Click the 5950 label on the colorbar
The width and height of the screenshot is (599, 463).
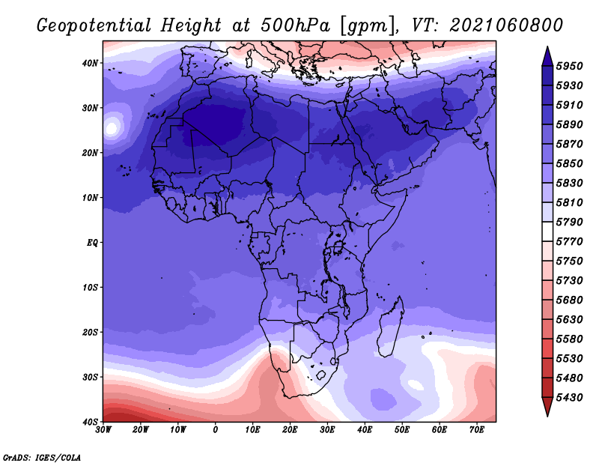pos(569,66)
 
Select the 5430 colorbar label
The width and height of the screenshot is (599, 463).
pos(569,398)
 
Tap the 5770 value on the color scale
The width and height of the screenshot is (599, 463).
pos(569,242)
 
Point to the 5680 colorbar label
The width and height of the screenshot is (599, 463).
pos(569,300)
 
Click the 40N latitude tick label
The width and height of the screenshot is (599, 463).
pos(90,63)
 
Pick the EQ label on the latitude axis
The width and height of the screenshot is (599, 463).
pos(92,243)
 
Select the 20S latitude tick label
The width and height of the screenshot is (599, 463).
pos(90,332)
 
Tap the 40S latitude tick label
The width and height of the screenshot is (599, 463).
pos(90,422)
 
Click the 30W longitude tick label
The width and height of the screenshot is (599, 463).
pos(103,430)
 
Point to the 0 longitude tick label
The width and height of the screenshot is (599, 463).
pos(216,430)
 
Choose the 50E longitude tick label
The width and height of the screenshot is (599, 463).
pos(402,430)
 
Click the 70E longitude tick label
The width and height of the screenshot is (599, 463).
pos(477,430)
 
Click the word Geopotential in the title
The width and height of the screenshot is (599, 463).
pos(94,26)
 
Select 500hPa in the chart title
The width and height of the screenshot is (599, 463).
pos(296,25)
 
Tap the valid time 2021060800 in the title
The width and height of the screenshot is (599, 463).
pos(506,25)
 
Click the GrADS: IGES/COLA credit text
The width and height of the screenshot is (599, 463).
pos(42,458)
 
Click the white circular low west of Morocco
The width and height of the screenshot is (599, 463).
pos(111,127)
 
